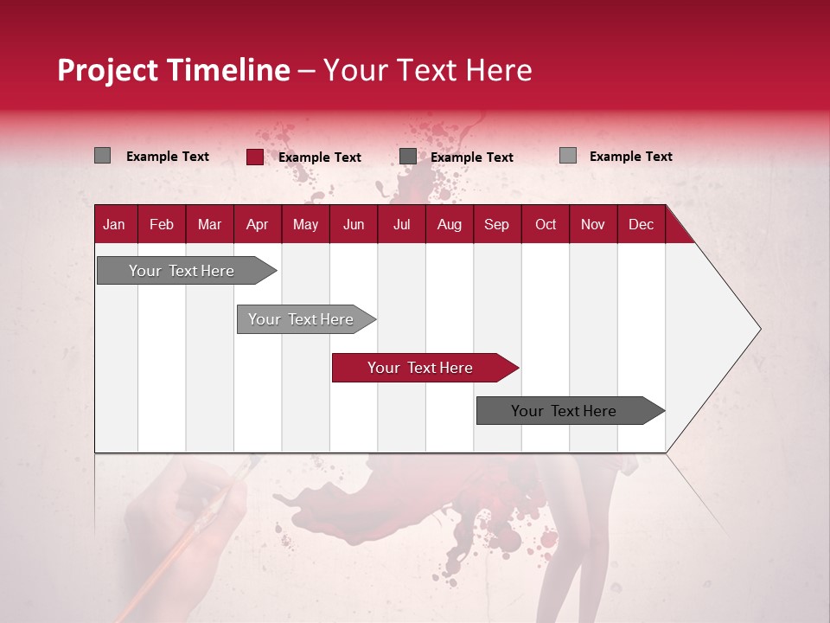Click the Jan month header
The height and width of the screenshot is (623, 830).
(114, 224)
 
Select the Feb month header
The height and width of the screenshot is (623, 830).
(162, 224)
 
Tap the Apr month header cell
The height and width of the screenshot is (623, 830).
(257, 224)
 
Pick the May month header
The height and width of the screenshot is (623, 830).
(305, 224)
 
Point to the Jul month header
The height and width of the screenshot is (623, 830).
(401, 224)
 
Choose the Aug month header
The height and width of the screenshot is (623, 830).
(449, 224)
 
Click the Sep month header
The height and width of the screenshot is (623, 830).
(496, 224)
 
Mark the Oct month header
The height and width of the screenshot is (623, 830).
(546, 224)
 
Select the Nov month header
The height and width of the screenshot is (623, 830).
(593, 224)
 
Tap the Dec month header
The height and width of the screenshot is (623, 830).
(641, 224)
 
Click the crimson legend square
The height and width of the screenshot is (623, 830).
(254, 157)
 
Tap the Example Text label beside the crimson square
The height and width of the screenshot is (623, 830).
(319, 157)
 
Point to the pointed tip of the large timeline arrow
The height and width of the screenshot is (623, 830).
(758, 329)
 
